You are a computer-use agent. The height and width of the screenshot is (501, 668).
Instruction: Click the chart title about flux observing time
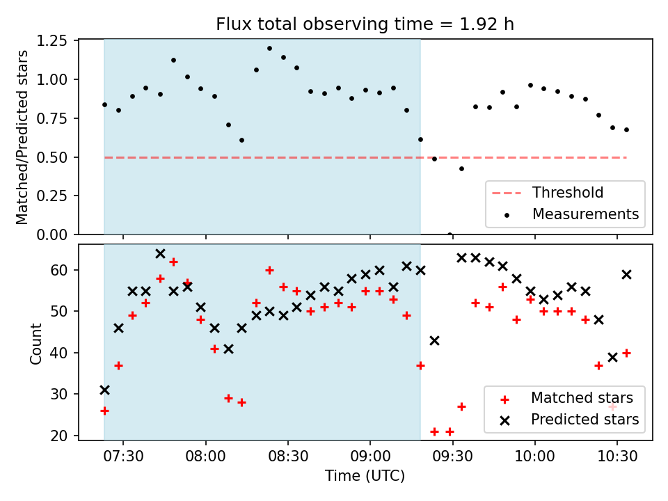365,24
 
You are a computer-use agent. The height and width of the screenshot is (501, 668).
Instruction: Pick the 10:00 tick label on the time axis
535,457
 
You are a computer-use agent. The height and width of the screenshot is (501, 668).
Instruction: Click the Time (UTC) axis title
365,477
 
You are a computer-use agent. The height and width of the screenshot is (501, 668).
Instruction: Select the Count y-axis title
36,342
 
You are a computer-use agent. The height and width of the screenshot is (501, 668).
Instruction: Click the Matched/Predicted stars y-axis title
22,137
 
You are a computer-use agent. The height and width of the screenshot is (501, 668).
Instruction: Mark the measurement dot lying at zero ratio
450,234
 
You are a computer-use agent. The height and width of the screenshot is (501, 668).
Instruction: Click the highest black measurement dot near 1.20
269,48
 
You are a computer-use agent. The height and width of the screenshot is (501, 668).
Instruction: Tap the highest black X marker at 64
160,253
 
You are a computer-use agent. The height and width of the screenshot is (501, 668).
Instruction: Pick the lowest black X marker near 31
104,390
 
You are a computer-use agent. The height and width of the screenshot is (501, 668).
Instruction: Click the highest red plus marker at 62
173,262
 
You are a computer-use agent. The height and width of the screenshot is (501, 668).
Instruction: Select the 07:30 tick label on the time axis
123,457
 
